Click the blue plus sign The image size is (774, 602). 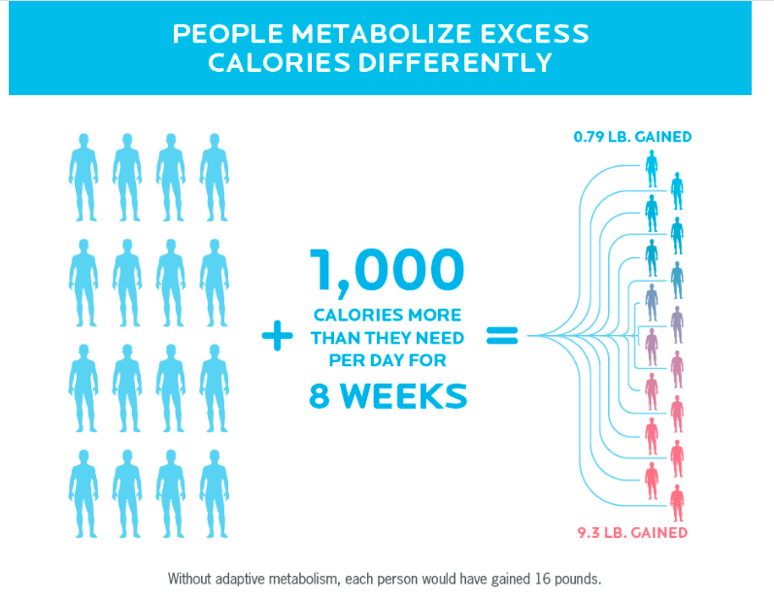coord(278,337)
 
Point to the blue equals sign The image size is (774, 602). coord(501,337)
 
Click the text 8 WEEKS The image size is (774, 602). coord(387,396)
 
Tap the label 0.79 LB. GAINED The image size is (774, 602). coord(632,137)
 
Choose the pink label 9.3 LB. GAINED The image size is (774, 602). coord(631,532)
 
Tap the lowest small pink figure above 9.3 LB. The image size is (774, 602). coord(677,503)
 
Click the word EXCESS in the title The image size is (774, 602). coord(531,34)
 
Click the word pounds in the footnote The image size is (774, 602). coord(577,580)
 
